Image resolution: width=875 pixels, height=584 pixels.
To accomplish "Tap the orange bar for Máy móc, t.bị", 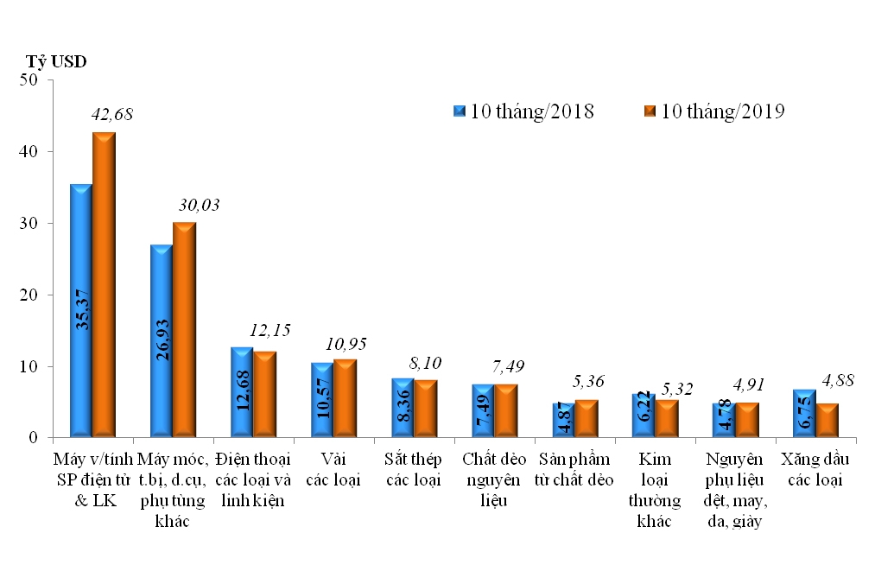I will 183,328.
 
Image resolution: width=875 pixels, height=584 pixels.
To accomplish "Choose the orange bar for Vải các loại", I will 345,398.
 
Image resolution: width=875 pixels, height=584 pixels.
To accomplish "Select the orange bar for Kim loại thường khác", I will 666,418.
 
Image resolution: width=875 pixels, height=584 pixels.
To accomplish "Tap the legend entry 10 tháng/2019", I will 714,111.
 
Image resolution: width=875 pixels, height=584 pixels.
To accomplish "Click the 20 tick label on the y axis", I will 30,295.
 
